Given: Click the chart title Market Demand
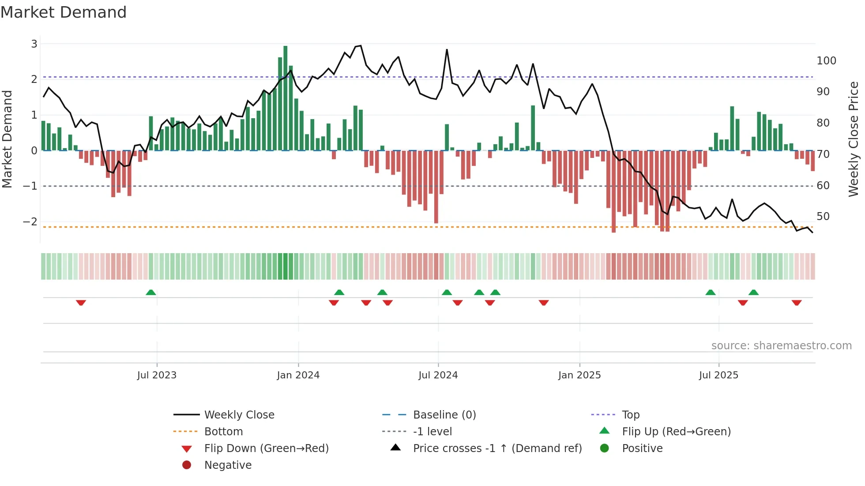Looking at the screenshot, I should [64, 12].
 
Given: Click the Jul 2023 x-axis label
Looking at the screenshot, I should [157, 375].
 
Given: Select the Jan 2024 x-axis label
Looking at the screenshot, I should [298, 375].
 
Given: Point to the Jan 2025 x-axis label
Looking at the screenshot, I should [579, 375].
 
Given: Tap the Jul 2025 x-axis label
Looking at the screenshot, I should [718, 375].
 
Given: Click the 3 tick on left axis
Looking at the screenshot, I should [34, 44].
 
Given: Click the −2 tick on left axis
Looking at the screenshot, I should [30, 222].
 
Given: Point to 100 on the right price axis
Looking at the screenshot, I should [826, 61].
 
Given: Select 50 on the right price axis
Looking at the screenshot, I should [823, 217].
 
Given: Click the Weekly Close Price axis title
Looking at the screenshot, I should [854, 139].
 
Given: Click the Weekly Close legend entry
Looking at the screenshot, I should [239, 415].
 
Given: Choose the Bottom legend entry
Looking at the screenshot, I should [223, 432].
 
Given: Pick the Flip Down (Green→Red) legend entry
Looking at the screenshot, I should [266, 449].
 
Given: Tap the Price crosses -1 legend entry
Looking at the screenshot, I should [497, 449].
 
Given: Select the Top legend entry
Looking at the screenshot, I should [630, 415].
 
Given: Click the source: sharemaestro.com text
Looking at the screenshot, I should [781, 346].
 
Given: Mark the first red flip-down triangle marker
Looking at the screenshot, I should [81, 303].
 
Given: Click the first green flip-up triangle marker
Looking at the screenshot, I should [151, 292].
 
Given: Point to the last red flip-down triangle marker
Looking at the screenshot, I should [796, 303].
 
